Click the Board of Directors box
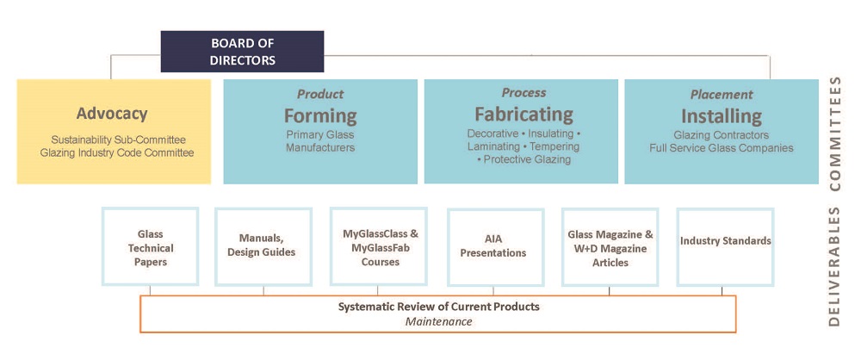(x=242, y=52)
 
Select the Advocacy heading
(x=112, y=114)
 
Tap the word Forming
(x=320, y=115)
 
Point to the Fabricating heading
(x=523, y=114)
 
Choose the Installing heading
(x=722, y=115)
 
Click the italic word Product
(x=320, y=94)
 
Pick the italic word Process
(x=523, y=92)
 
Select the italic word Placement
(x=722, y=94)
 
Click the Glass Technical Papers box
(x=150, y=247)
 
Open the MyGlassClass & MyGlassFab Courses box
(x=378, y=247)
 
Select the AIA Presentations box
(x=495, y=247)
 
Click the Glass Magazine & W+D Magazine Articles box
(x=610, y=247)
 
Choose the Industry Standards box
(x=725, y=241)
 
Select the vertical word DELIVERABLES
(x=833, y=266)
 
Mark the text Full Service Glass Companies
(x=722, y=148)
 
